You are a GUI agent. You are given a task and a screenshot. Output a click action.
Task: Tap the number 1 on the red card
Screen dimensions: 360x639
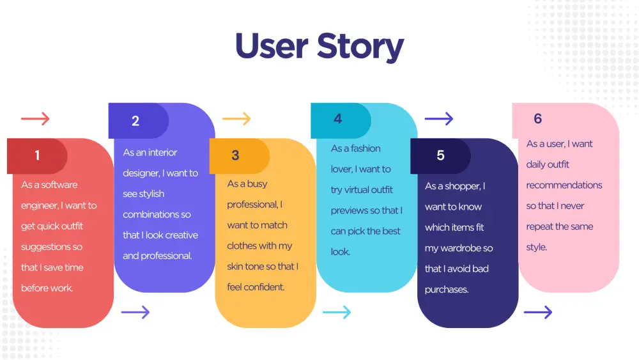coord(37,155)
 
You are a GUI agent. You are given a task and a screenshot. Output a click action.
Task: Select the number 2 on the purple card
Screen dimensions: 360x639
coord(135,121)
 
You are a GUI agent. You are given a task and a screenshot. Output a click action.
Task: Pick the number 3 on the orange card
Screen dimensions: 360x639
coord(235,155)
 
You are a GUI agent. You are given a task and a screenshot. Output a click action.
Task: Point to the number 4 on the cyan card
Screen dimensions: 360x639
coord(338,119)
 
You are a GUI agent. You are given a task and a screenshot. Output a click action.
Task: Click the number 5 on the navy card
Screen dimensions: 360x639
coord(440,155)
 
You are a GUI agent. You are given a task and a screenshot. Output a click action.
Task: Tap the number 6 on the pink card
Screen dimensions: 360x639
coord(538,119)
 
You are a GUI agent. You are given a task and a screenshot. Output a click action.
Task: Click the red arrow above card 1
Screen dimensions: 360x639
coord(35,119)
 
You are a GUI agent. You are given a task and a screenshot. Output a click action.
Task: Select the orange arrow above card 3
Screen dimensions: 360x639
coord(236,119)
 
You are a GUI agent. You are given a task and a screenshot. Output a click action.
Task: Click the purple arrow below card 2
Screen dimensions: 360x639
coord(135,312)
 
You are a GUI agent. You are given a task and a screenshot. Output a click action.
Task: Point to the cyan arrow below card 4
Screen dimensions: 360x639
coord(337,312)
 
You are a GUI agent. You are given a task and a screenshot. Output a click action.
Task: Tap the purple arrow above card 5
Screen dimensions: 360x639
coord(439,119)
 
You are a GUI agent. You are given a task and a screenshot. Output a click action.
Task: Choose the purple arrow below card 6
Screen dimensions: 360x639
coord(538,312)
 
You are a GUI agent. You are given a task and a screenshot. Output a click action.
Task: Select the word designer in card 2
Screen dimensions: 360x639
coord(141,173)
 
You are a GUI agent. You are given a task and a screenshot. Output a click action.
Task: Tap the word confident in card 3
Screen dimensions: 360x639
coord(265,287)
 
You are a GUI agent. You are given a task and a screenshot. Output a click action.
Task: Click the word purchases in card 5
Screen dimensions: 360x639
coord(447,290)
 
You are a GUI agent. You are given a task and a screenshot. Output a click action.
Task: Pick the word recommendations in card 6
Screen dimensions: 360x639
coord(564,185)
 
